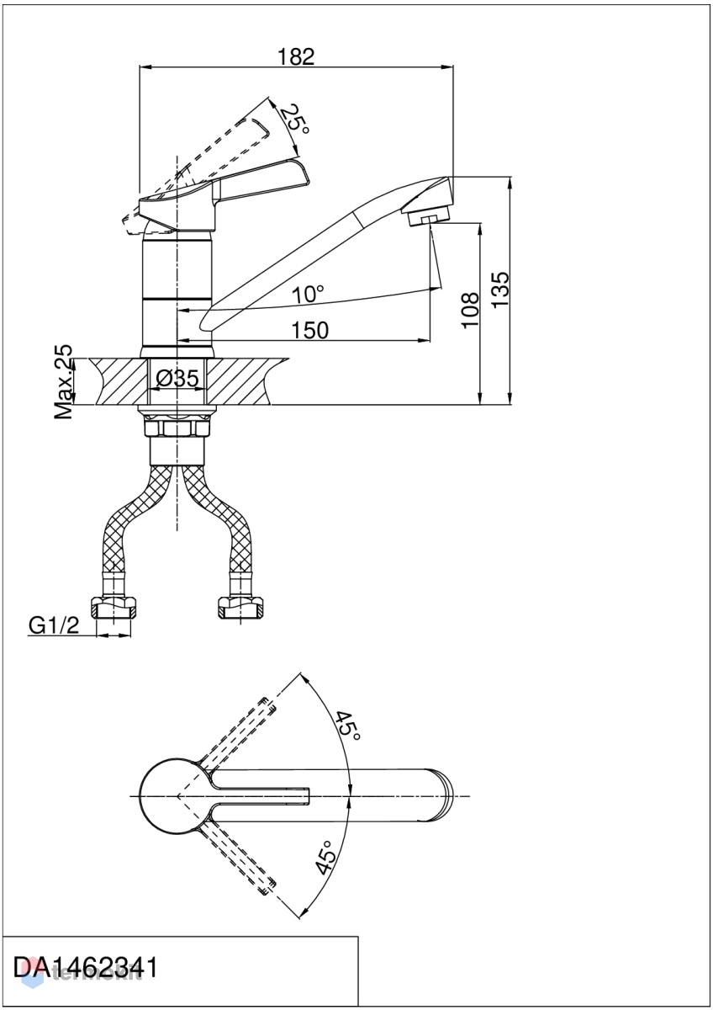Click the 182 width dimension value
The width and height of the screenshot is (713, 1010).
[x=295, y=57]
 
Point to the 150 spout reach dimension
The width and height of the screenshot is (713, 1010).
[x=310, y=331]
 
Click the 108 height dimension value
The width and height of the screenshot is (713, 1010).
[x=470, y=311]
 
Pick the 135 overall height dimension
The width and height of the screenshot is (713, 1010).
[x=500, y=290]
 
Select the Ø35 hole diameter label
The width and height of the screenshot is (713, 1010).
[x=177, y=379]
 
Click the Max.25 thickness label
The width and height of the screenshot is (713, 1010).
[x=63, y=381]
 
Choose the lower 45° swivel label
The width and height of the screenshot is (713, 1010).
[x=325, y=857]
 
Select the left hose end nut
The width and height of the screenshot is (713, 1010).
[x=114, y=609]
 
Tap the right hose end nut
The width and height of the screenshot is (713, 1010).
[x=240, y=607]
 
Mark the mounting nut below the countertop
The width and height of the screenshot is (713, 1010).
[x=177, y=427]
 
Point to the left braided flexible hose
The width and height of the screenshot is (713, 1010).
[x=133, y=518]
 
